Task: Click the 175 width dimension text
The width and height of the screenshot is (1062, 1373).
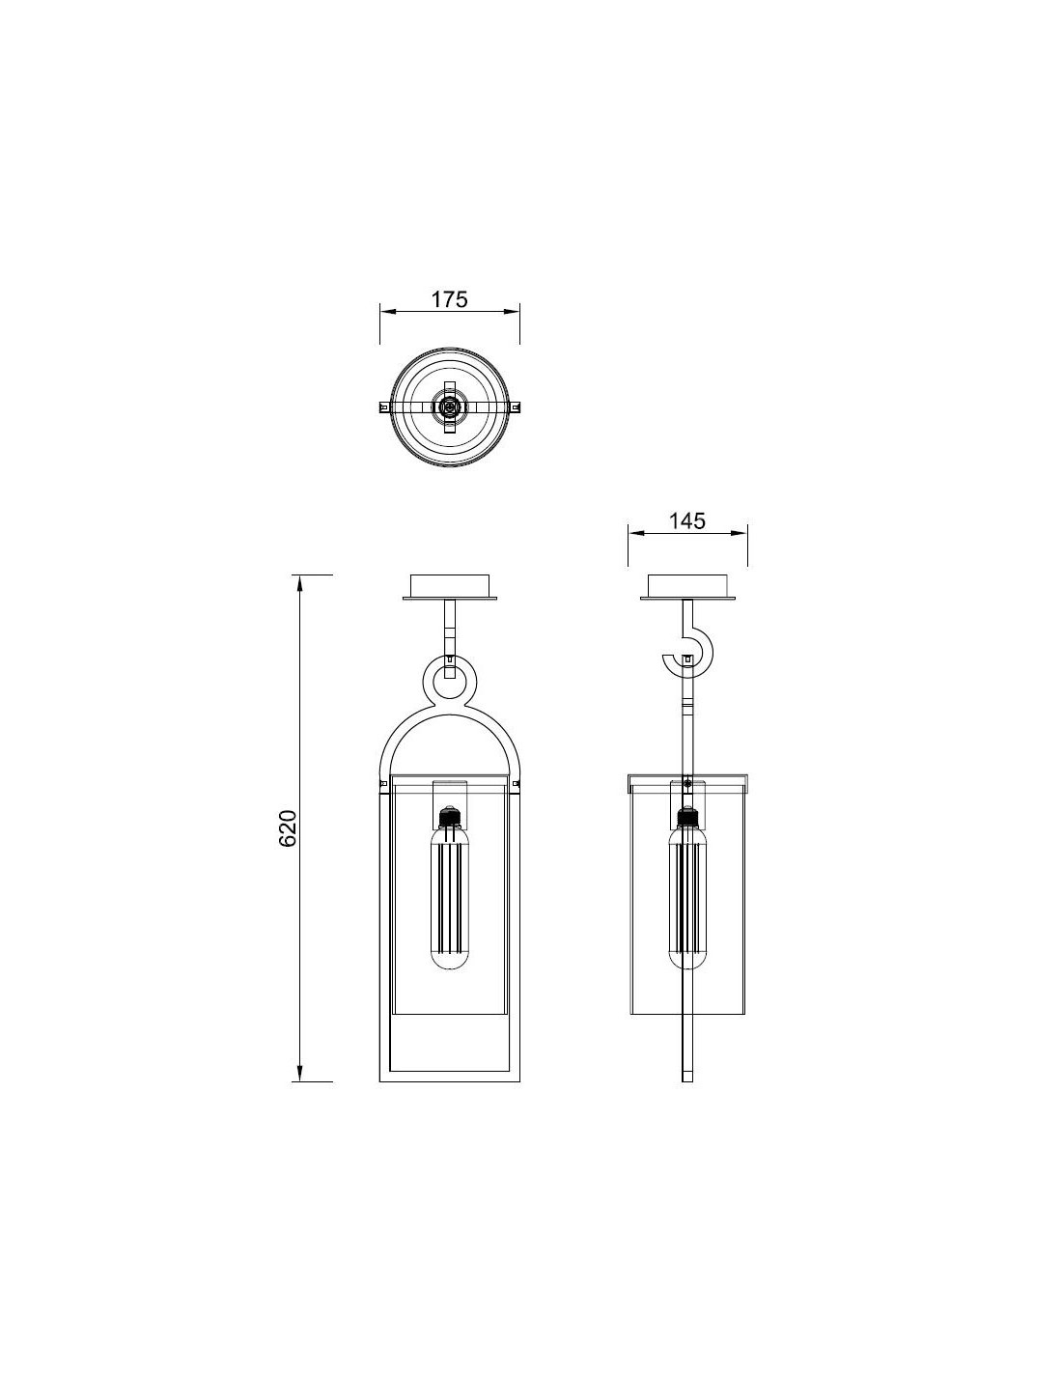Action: click(449, 299)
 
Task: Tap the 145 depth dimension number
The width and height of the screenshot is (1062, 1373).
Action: click(686, 521)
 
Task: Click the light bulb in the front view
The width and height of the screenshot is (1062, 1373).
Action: click(449, 897)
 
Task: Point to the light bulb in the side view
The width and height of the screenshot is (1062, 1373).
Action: click(687, 897)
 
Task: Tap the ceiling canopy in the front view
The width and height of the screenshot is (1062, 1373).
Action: click(449, 587)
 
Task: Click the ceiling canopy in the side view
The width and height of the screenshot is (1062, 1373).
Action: click(687, 587)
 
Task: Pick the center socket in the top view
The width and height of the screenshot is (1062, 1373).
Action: click(449, 406)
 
